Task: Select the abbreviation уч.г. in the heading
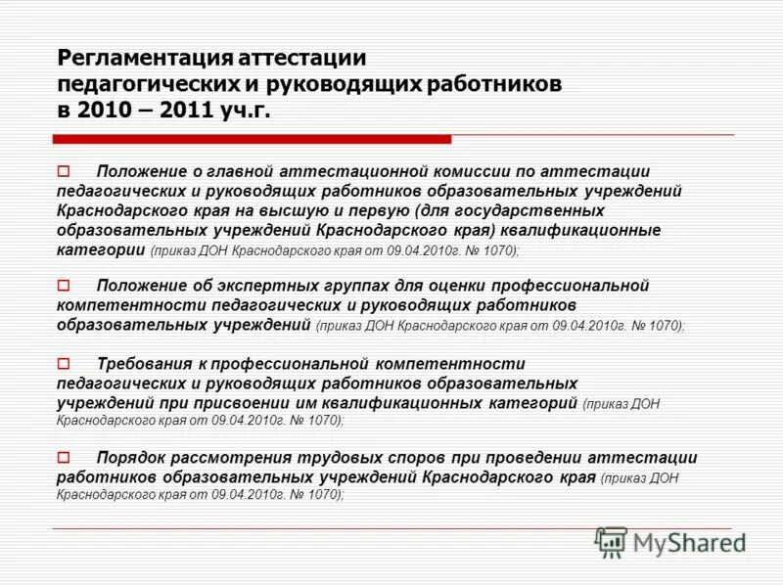tap(242, 110)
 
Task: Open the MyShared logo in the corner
tap(671, 541)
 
